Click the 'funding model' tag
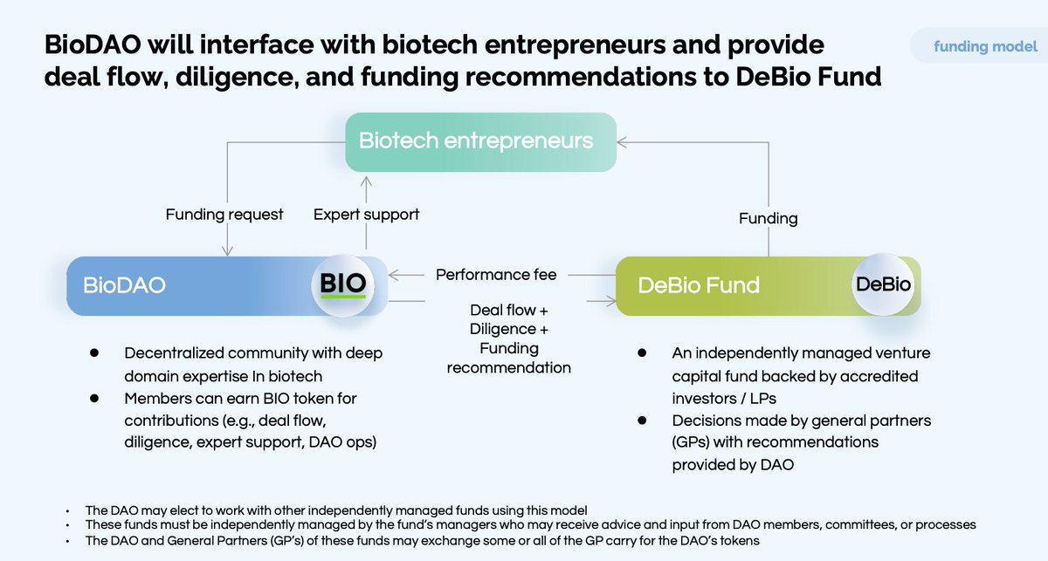point(985,46)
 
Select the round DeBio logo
point(882,284)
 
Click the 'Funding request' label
point(224,215)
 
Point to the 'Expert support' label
point(366,215)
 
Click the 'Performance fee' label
point(495,276)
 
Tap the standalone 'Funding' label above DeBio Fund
point(768,218)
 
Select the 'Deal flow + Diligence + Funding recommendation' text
point(508,339)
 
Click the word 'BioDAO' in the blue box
point(124,286)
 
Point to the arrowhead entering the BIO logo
point(393,276)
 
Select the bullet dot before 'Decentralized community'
point(93,353)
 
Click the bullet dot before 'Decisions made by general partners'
point(642,420)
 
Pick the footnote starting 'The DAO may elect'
point(336,509)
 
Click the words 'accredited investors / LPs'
point(795,386)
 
